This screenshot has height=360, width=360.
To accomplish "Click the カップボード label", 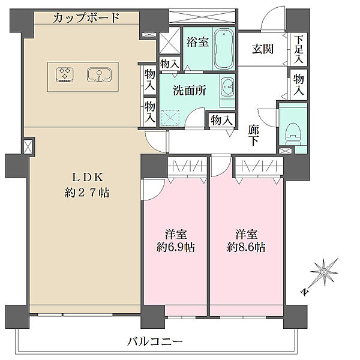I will (86, 18).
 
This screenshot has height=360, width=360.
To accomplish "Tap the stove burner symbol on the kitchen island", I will (64, 74).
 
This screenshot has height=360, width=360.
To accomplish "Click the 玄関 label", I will (262, 49).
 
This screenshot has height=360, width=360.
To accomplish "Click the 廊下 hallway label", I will (254, 135).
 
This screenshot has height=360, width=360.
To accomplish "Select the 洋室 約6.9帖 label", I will (175, 240).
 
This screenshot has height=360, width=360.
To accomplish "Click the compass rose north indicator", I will (323, 274).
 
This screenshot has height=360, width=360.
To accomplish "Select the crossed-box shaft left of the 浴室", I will (170, 42).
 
